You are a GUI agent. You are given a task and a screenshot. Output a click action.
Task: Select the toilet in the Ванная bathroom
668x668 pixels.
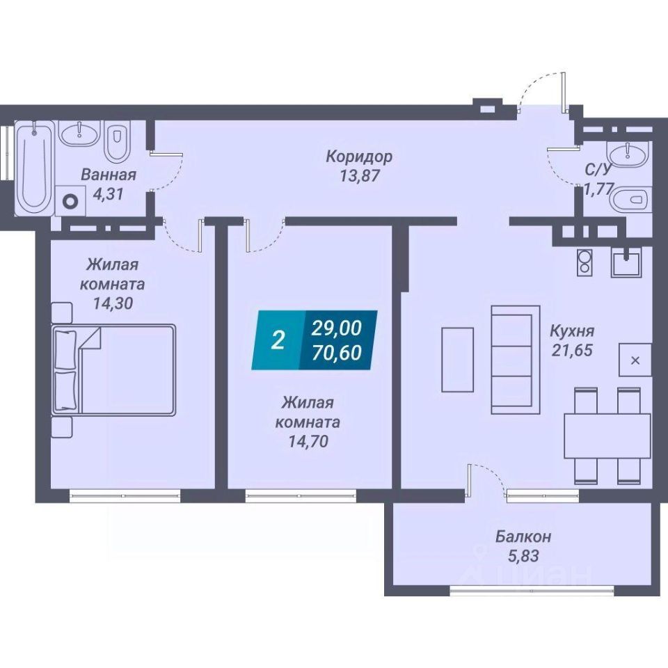click(x=116, y=143)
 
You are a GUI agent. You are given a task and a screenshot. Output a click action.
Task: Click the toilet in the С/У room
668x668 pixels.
click(x=630, y=200)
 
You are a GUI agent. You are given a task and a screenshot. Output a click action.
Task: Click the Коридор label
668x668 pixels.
click(x=359, y=157)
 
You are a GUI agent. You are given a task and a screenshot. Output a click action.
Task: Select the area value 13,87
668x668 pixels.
click(x=360, y=176)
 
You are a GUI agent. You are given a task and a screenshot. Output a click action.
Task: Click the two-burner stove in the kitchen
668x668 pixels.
click(x=584, y=262)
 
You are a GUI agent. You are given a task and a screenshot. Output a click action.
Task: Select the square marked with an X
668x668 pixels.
click(x=635, y=360)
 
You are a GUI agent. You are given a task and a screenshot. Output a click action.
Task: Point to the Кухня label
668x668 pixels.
click(x=571, y=331)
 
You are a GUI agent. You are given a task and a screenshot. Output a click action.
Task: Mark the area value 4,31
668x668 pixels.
click(x=108, y=195)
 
